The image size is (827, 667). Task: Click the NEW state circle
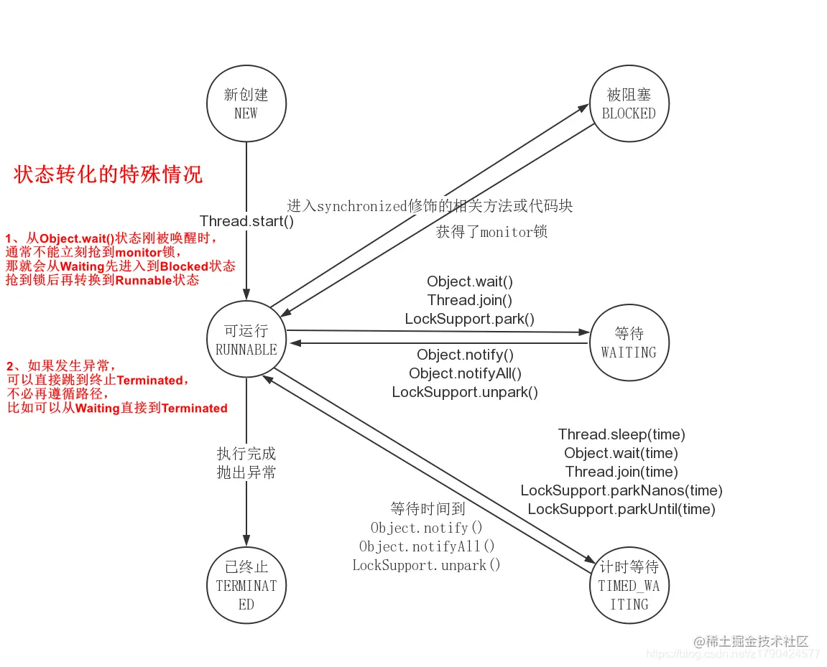point(246,104)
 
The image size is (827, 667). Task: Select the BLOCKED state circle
point(629,104)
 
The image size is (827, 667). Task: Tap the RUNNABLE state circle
point(246,340)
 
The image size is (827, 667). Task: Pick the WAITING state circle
point(629,343)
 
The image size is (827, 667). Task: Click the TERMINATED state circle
point(246,585)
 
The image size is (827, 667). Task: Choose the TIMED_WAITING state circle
point(629,585)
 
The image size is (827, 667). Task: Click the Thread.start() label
point(246,221)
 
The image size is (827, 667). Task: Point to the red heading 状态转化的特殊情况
point(108,174)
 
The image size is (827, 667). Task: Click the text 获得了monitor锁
point(491,232)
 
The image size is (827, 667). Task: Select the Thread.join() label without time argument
point(470,300)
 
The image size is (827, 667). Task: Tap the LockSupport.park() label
point(470,319)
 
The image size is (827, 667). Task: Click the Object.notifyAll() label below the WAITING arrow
point(465,373)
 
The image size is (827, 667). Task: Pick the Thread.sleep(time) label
point(622,434)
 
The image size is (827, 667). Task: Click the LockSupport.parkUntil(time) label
point(622,509)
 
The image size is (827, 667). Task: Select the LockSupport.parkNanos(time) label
point(622,490)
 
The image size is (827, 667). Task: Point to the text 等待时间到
point(428,509)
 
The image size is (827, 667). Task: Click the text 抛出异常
point(246,472)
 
